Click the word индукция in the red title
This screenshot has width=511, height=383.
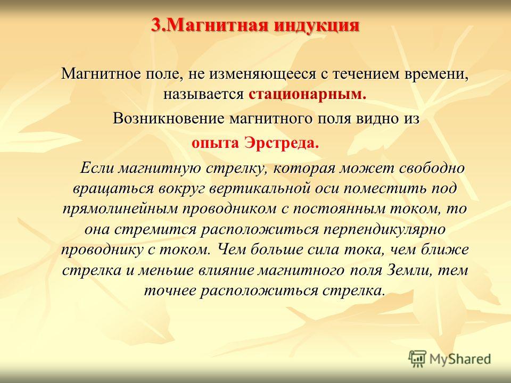pos(316,25)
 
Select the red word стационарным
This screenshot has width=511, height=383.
pos(306,95)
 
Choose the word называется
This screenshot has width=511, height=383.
pos(203,94)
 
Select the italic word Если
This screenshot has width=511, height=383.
pos(96,168)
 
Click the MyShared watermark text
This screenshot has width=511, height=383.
pos(460,359)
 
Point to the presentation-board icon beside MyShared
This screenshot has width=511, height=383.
pos(417,359)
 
